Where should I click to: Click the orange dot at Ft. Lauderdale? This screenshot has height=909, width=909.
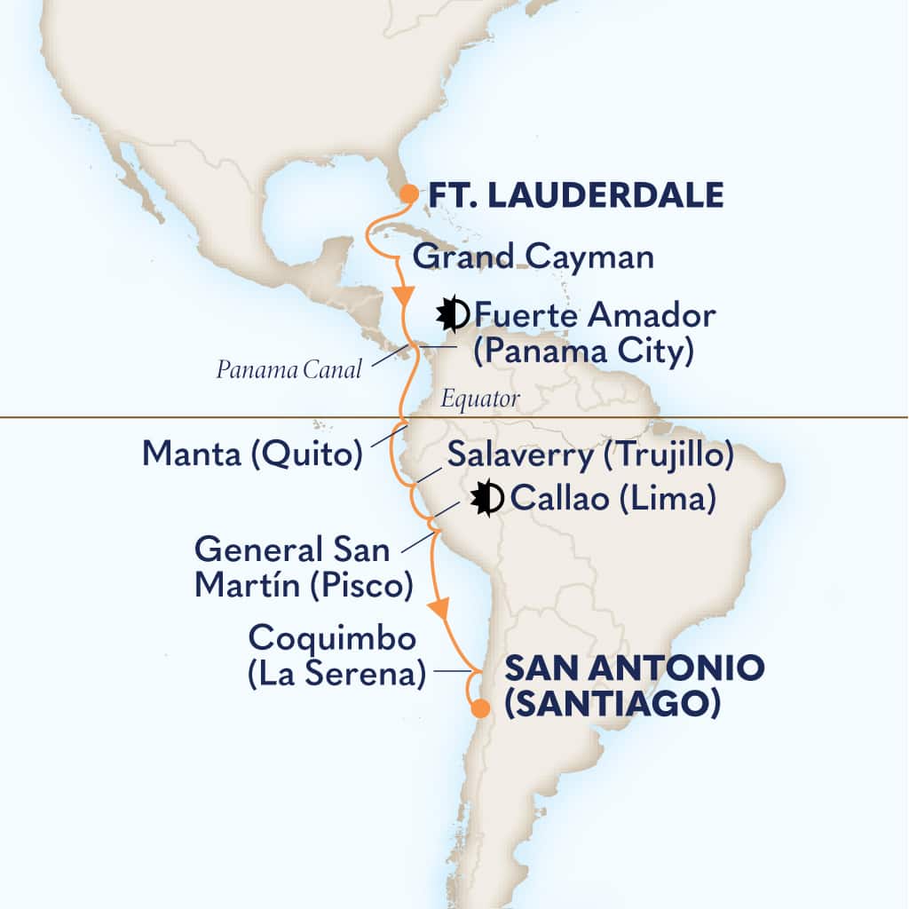click(x=408, y=194)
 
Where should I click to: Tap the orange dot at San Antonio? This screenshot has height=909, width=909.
click(x=479, y=708)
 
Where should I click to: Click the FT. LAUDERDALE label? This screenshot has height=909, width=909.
click(x=577, y=195)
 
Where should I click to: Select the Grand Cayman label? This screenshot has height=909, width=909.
click(x=534, y=257)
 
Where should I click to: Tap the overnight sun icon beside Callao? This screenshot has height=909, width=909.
click(x=486, y=499)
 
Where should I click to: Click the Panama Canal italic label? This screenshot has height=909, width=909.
click(x=289, y=370)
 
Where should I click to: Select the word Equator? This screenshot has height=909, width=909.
click(x=481, y=399)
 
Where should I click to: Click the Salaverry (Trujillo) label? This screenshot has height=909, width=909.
click(x=590, y=456)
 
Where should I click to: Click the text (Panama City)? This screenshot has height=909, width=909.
click(x=582, y=352)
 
